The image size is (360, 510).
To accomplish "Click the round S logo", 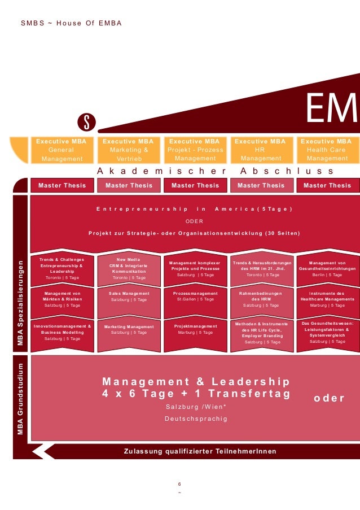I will pyautogui.click(x=87, y=120).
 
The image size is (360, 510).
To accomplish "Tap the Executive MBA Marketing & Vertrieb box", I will pyautogui.click(x=129, y=150).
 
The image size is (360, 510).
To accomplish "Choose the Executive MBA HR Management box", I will pyautogui.click(x=260, y=150).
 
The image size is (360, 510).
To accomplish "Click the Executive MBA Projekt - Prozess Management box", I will pyautogui.click(x=195, y=150).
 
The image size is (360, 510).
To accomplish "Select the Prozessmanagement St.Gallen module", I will pyautogui.click(x=195, y=297).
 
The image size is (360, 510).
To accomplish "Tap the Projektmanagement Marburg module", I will pyautogui.click(x=195, y=329).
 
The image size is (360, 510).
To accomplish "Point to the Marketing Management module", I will pyautogui.click(x=129, y=330).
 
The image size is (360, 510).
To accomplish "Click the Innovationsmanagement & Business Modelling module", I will pyautogui.click(x=62, y=332).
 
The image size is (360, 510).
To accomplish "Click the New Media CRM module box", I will pyautogui.click(x=129, y=268).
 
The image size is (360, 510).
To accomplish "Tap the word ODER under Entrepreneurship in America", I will pyautogui.click(x=195, y=221).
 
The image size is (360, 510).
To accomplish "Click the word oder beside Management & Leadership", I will pyautogui.click(x=329, y=398).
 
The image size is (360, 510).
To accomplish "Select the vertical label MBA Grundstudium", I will pyautogui.click(x=21, y=400).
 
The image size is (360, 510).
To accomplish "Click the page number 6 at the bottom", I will pyautogui.click(x=179, y=484).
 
